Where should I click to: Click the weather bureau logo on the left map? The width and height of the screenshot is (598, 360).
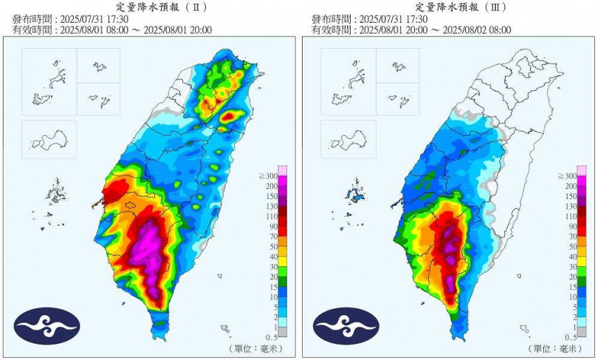click(47, 325)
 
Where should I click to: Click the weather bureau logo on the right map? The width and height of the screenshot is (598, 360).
click(346, 325)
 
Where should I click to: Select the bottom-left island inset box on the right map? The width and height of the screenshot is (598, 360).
click(348, 139)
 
